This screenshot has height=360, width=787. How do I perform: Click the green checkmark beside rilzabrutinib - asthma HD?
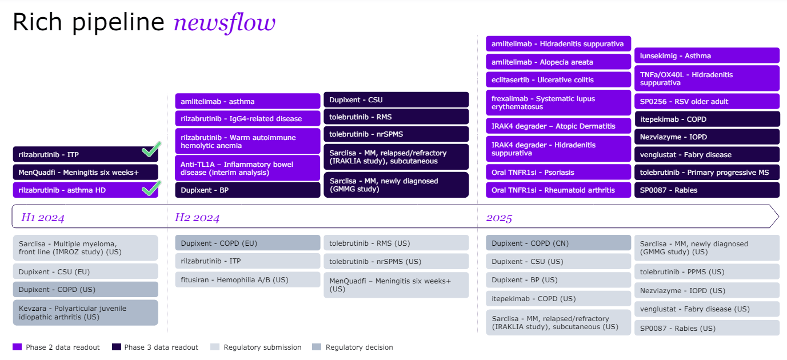[150, 189]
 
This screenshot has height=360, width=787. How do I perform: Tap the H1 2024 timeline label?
[43, 217]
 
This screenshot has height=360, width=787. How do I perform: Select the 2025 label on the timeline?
[499, 217]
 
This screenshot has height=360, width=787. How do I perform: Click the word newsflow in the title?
[225, 23]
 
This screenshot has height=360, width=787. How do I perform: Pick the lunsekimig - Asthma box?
[706, 55]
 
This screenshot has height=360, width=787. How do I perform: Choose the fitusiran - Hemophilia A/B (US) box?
[247, 279]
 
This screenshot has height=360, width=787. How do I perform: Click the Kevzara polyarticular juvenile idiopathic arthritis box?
[85, 313]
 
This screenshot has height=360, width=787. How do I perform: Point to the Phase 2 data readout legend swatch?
[17, 347]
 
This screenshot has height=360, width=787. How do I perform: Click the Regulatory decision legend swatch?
[317, 347]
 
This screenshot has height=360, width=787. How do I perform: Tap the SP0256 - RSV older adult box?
[706, 101]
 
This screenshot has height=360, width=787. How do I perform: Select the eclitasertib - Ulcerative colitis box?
[558, 79]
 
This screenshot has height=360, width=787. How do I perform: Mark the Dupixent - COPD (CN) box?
[558, 243]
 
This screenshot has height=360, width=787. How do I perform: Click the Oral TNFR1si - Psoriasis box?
[558, 172]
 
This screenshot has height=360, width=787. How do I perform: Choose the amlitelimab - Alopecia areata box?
[558, 62]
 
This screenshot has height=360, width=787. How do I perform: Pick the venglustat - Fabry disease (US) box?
[706, 309]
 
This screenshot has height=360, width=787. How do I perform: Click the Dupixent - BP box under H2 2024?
[247, 190]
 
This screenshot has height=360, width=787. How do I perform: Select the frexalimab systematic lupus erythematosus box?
[558, 103]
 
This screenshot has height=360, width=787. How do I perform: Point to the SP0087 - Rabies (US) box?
[706, 328]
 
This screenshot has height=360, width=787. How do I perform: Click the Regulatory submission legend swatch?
[215, 347]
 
